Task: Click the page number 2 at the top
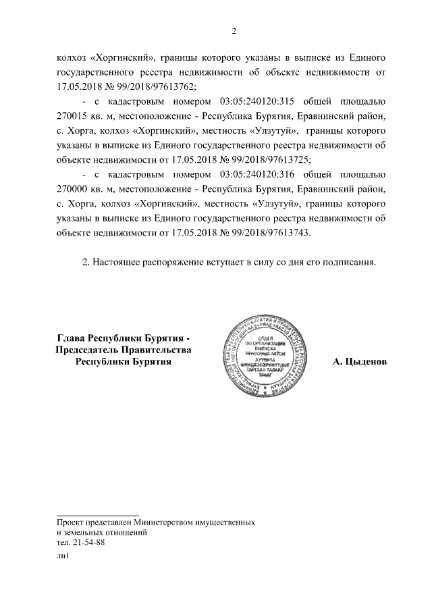[234, 30]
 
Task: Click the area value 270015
[73, 116]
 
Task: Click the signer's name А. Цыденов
[360, 362]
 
